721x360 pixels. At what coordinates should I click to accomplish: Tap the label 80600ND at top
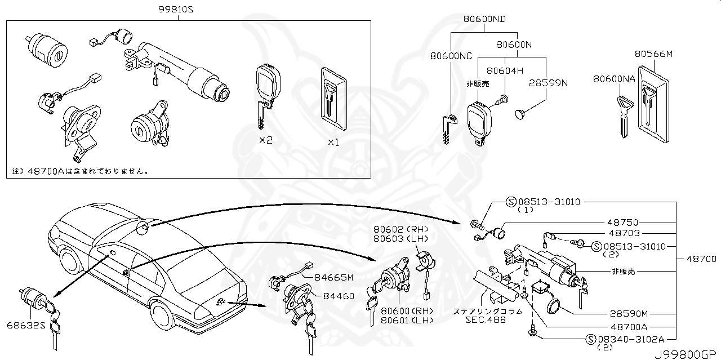pyautogui.click(x=484, y=19)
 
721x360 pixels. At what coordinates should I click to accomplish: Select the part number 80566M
pyautogui.click(x=654, y=54)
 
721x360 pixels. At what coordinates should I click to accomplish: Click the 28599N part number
pyautogui.click(x=548, y=83)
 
